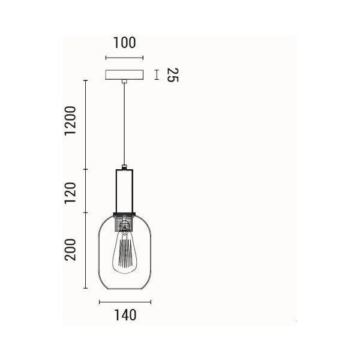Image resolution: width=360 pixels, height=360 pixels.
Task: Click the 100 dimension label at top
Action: (124, 43)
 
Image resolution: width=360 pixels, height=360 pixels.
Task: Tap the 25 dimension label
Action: (172, 75)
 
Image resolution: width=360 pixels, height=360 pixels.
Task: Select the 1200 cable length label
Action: (70, 121)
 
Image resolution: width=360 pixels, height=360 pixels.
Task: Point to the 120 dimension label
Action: (70, 193)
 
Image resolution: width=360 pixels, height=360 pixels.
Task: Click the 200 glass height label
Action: (70, 250)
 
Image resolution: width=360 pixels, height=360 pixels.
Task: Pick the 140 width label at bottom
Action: (125, 315)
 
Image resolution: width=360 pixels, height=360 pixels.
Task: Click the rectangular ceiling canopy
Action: (124, 74)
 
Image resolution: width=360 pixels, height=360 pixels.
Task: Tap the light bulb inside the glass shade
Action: (124, 252)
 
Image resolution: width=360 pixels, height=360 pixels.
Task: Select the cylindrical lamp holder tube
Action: (124, 191)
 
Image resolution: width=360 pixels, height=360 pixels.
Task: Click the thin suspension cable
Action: (124, 124)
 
